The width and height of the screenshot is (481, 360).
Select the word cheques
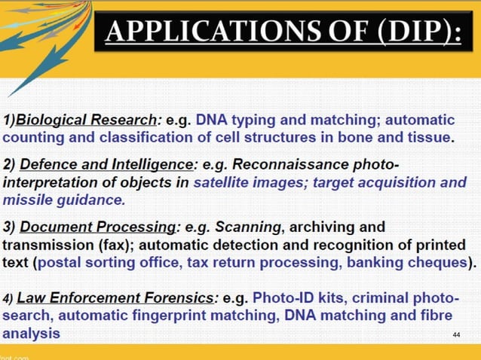point(439,263)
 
